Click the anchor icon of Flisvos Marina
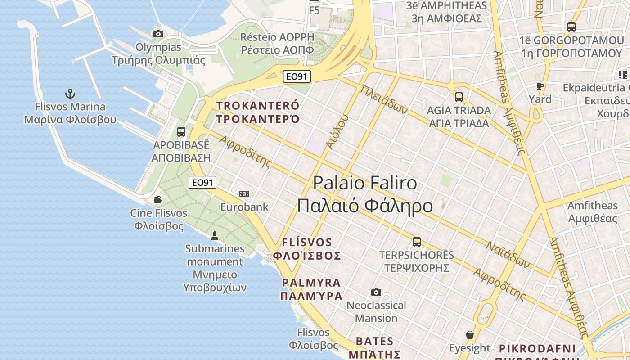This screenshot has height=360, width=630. (70, 94)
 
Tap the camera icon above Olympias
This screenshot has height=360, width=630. (158, 34)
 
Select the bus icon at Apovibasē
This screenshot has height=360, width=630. (181, 132)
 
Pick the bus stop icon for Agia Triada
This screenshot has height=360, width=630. (459, 97)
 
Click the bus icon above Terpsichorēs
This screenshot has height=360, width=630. (417, 242)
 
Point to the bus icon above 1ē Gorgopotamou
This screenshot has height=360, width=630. (571, 27)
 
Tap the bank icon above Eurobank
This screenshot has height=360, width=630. (244, 194)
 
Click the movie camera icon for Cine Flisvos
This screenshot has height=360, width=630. (158, 199)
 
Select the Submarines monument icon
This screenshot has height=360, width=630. (215, 235)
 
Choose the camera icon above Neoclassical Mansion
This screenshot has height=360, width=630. (376, 292)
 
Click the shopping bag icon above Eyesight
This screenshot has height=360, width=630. (470, 335)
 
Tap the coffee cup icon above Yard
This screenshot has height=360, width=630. (540, 86)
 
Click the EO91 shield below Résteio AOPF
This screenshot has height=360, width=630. (297, 76)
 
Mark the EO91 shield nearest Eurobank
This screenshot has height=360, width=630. (202, 182)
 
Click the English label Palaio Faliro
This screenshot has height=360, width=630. (364, 183)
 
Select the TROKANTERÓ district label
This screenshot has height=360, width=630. (258, 106)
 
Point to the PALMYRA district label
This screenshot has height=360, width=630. (311, 283)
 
